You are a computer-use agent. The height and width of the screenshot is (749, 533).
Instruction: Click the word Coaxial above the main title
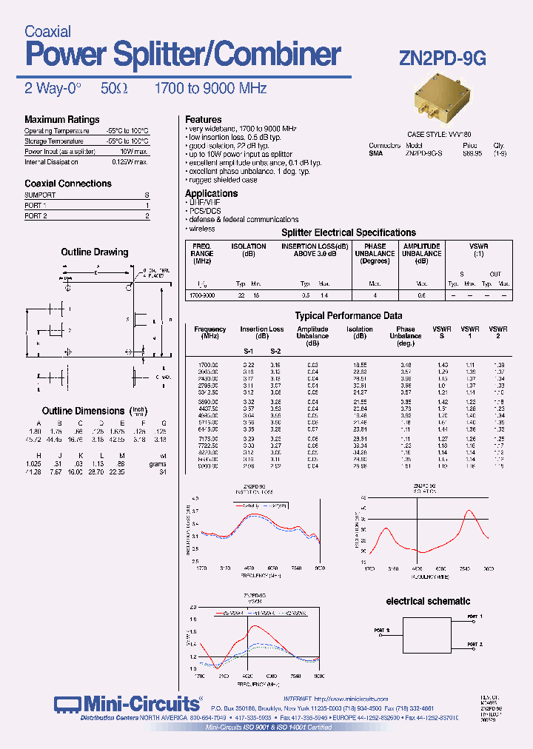(47, 32)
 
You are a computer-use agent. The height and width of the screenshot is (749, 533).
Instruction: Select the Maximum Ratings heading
(61, 119)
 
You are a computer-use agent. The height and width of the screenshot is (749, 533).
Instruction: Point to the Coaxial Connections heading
(68, 184)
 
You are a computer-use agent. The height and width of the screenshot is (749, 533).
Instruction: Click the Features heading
(203, 119)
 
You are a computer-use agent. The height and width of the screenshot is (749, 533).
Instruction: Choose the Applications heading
(211, 193)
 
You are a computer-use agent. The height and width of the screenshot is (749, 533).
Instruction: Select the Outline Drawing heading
(95, 252)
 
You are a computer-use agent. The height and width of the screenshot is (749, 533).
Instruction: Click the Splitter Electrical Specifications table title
(349, 232)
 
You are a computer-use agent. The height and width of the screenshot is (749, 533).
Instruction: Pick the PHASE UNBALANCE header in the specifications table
(375, 254)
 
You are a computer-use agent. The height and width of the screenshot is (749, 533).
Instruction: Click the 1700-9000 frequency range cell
(202, 295)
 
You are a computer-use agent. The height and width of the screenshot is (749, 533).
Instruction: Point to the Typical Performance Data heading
(349, 315)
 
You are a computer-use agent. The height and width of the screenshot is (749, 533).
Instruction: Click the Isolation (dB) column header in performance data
(360, 332)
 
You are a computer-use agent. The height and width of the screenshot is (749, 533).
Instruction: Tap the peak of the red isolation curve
(469, 511)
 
